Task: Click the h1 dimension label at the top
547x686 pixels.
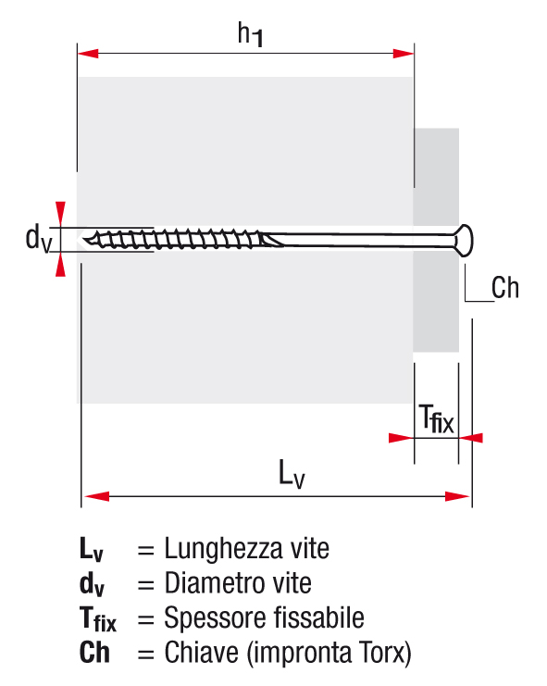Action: [x=251, y=34]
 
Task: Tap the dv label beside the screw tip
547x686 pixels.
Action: [x=39, y=239]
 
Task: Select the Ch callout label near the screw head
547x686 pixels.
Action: [x=505, y=288]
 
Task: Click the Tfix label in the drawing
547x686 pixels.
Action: [x=436, y=418]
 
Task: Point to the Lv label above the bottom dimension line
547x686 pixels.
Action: [x=292, y=474]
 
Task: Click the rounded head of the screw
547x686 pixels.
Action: [x=464, y=241]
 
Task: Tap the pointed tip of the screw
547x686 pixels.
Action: [x=85, y=240]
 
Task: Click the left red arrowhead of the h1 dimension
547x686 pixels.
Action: [x=88, y=54]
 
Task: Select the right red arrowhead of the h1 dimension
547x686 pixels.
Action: [x=404, y=54]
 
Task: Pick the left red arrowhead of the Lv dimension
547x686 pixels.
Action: [x=96, y=496]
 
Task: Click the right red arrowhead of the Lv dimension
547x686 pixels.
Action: [x=457, y=496]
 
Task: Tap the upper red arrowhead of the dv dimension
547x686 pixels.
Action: [x=60, y=215]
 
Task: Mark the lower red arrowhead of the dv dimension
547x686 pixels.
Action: [x=60, y=265]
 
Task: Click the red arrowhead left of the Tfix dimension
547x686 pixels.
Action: [x=401, y=438]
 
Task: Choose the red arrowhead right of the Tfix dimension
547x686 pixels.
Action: [x=471, y=438]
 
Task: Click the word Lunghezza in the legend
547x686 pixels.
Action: [x=223, y=550]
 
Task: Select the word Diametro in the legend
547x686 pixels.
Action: [x=214, y=583]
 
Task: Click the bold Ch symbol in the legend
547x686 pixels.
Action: [x=94, y=653]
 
